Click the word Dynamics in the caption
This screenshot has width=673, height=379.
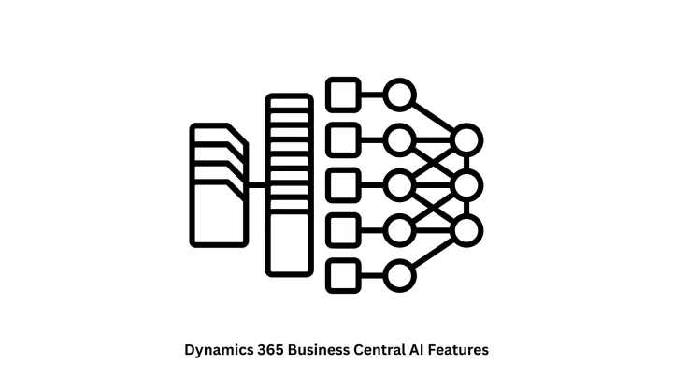pyautogui.click(x=216, y=349)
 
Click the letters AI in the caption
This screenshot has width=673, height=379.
pyautogui.click(x=417, y=349)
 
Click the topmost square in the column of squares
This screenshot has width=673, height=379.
pyautogui.click(x=343, y=95)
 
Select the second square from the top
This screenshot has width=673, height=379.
pyautogui.click(x=343, y=139)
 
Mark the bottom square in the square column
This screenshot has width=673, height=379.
pyautogui.click(x=343, y=274)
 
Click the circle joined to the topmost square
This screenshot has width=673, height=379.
pyautogui.click(x=399, y=95)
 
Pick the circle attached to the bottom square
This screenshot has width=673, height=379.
pyautogui.click(x=399, y=274)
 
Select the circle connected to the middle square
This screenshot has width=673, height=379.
pyautogui.click(x=399, y=184)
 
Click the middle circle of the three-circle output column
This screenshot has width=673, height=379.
pyautogui.click(x=466, y=184)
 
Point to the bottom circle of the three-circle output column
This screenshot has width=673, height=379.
pyautogui.click(x=466, y=229)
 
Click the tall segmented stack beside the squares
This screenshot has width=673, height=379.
pyautogui.click(x=287, y=184)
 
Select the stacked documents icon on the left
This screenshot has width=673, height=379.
pyautogui.click(x=220, y=184)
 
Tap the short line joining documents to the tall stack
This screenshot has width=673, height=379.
pyautogui.click(x=257, y=185)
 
